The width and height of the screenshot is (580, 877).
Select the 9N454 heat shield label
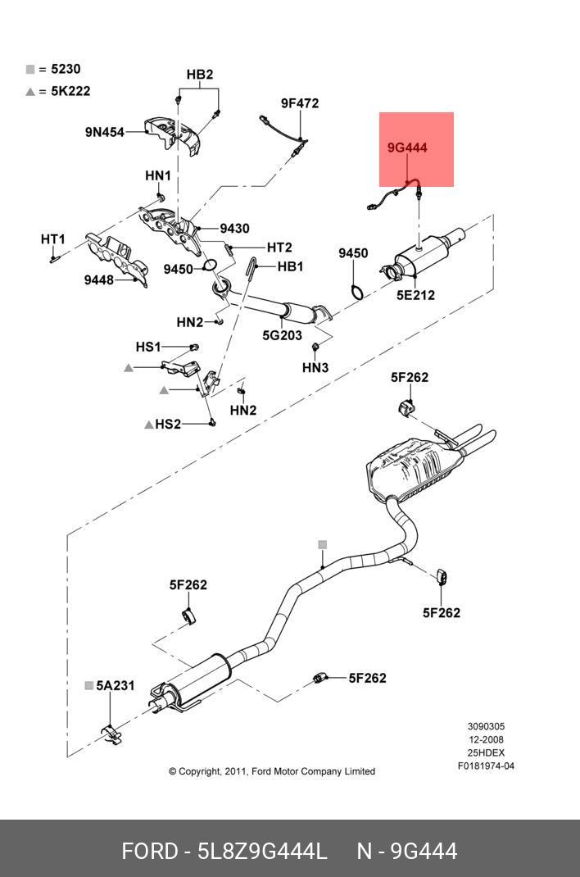coord(104,131)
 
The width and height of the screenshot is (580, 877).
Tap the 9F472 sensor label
coord(299,103)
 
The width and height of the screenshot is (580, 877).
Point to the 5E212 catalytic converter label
coord(415,295)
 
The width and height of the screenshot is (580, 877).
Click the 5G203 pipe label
coord(282,334)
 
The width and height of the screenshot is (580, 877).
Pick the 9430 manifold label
coord(234,229)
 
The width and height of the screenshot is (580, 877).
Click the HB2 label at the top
coord(199,75)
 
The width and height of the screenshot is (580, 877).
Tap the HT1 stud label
coord(52,239)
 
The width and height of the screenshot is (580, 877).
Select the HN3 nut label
coord(315,367)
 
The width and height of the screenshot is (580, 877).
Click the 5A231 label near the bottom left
coord(115,685)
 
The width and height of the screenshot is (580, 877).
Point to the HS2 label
coord(168,424)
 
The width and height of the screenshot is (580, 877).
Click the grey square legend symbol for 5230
coord(30,70)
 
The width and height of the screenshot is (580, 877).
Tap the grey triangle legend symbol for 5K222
coord(30,92)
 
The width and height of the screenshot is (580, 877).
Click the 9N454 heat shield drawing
coord(172,134)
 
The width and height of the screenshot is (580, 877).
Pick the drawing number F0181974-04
coord(486,766)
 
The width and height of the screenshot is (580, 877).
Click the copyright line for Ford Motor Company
coord(272,771)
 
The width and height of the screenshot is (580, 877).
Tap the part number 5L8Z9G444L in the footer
coord(262,851)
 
